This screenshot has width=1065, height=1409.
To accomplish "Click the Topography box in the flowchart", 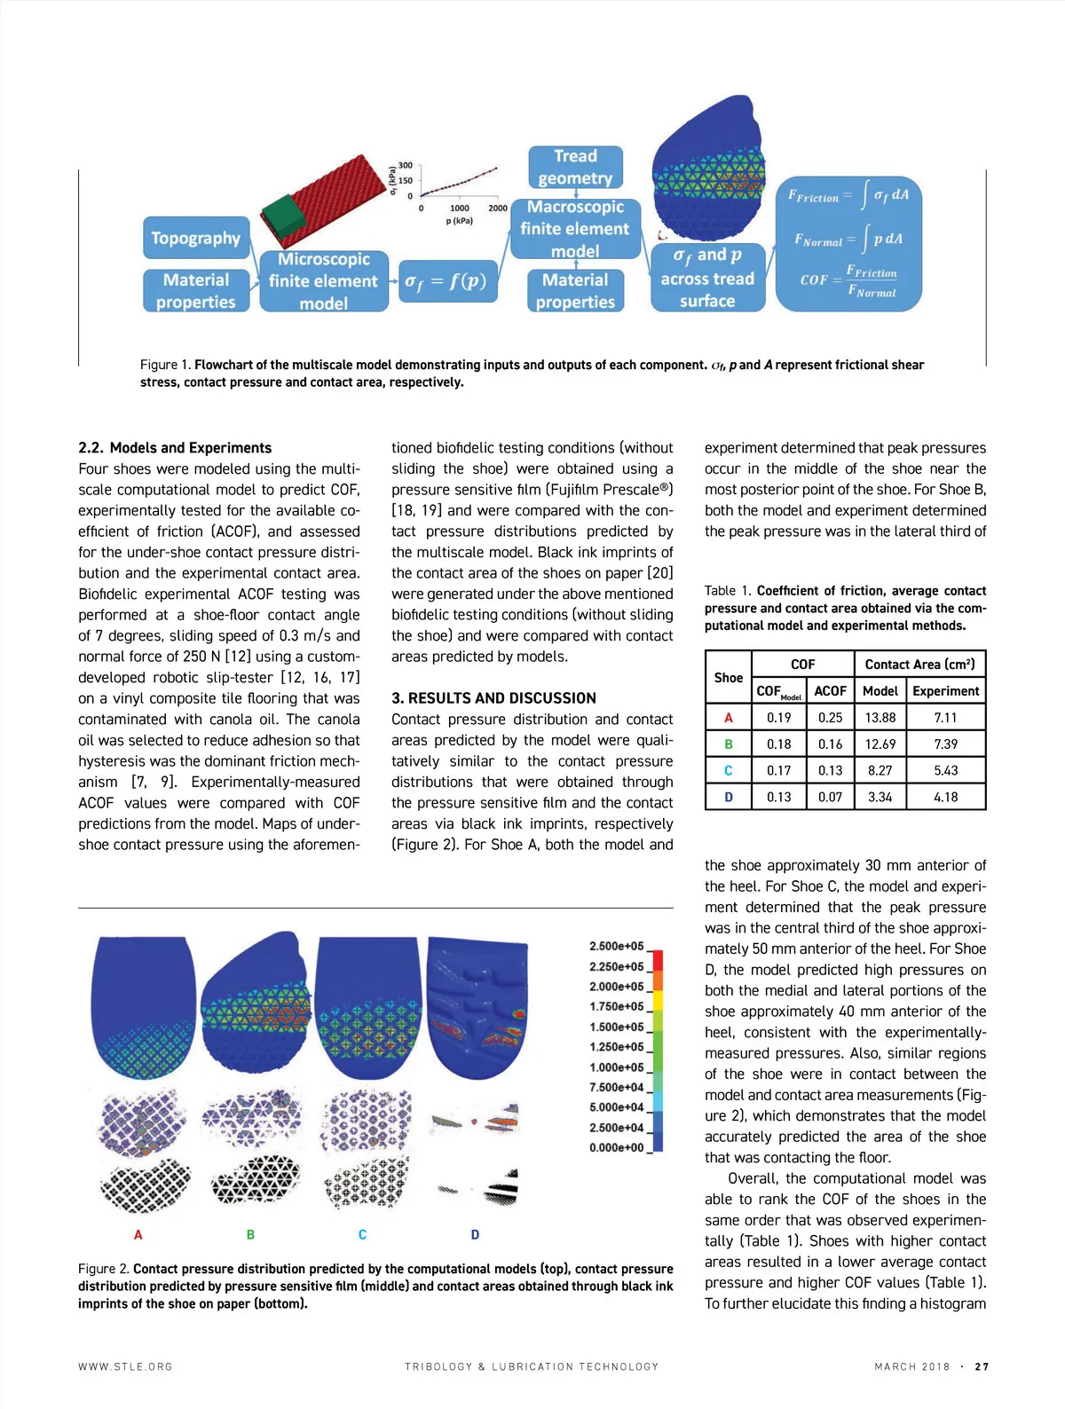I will (195, 238).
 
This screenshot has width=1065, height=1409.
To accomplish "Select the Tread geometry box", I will (575, 167).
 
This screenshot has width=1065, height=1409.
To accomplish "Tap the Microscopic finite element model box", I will (323, 281).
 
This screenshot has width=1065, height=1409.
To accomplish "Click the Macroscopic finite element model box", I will (575, 229).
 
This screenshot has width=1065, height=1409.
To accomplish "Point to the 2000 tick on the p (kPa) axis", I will (498, 209).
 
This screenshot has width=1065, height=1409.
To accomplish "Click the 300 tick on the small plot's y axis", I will (405, 166).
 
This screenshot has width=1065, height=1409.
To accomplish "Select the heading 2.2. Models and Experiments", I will (175, 448).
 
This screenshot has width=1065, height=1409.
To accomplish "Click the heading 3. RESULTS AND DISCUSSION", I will (493, 698).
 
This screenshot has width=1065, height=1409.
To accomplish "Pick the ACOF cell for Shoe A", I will (830, 718).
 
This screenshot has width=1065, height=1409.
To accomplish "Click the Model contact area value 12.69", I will (880, 744).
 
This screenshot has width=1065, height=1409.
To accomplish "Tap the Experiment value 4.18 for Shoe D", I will (945, 797).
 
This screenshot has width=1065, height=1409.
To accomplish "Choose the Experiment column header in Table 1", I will (945, 691).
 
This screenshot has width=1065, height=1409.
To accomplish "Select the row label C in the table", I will (729, 771).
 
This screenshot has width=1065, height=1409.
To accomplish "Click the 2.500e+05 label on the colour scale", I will (616, 947).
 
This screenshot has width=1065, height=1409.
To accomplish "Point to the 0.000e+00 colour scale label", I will (616, 1148).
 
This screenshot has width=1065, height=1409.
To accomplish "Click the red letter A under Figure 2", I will (138, 1234).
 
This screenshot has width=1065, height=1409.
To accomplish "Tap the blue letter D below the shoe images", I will (475, 1234).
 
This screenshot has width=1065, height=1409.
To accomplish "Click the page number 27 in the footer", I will (982, 1367).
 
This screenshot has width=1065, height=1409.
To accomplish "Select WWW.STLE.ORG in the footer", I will (125, 1367).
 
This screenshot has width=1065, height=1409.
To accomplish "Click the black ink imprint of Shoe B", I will (256, 1179).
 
